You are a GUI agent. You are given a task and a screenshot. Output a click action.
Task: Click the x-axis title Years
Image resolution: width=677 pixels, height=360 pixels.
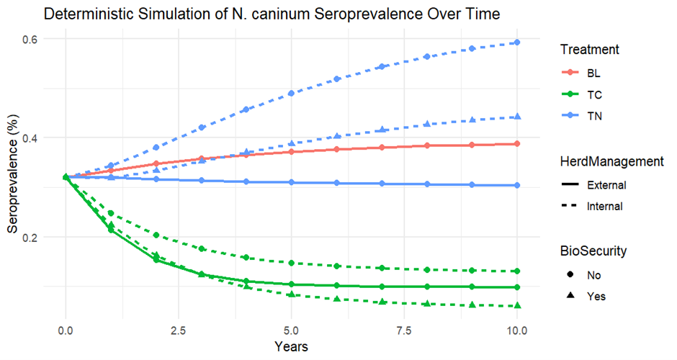(292, 346)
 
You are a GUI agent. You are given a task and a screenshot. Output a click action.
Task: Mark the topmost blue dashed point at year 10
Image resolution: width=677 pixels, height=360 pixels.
(518, 42)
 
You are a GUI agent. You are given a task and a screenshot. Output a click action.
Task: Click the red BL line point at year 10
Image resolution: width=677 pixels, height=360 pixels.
(518, 144)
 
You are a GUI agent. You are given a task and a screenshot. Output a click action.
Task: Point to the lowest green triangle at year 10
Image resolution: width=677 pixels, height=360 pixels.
(518, 306)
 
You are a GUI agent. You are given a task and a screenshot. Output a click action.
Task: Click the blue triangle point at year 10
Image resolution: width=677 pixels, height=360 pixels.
(518, 117)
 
